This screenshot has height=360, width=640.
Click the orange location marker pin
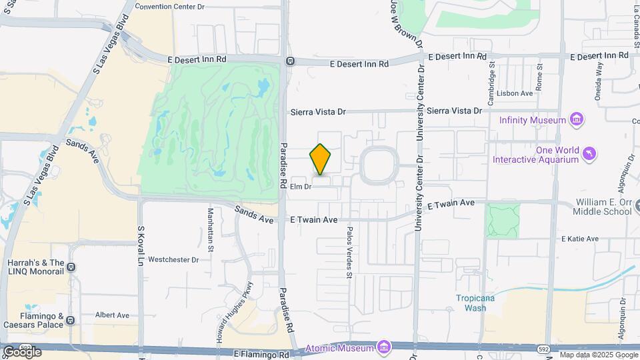click(321, 159)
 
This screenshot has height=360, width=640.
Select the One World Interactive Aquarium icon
click(589, 155)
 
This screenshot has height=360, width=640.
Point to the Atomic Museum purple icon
click(383, 348)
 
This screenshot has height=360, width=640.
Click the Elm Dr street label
click(301, 187)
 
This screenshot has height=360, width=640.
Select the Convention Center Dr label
click(170, 6)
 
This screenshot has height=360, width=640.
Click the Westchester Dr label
click(173, 259)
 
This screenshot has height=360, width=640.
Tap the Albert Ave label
click(112, 315)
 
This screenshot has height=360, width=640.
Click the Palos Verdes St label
click(349, 251)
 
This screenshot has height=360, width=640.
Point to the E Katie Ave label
click(579, 239)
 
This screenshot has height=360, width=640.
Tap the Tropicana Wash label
click(475, 303)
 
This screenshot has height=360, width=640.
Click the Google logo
click(22, 351)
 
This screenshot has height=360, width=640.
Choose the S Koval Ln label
click(141, 246)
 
